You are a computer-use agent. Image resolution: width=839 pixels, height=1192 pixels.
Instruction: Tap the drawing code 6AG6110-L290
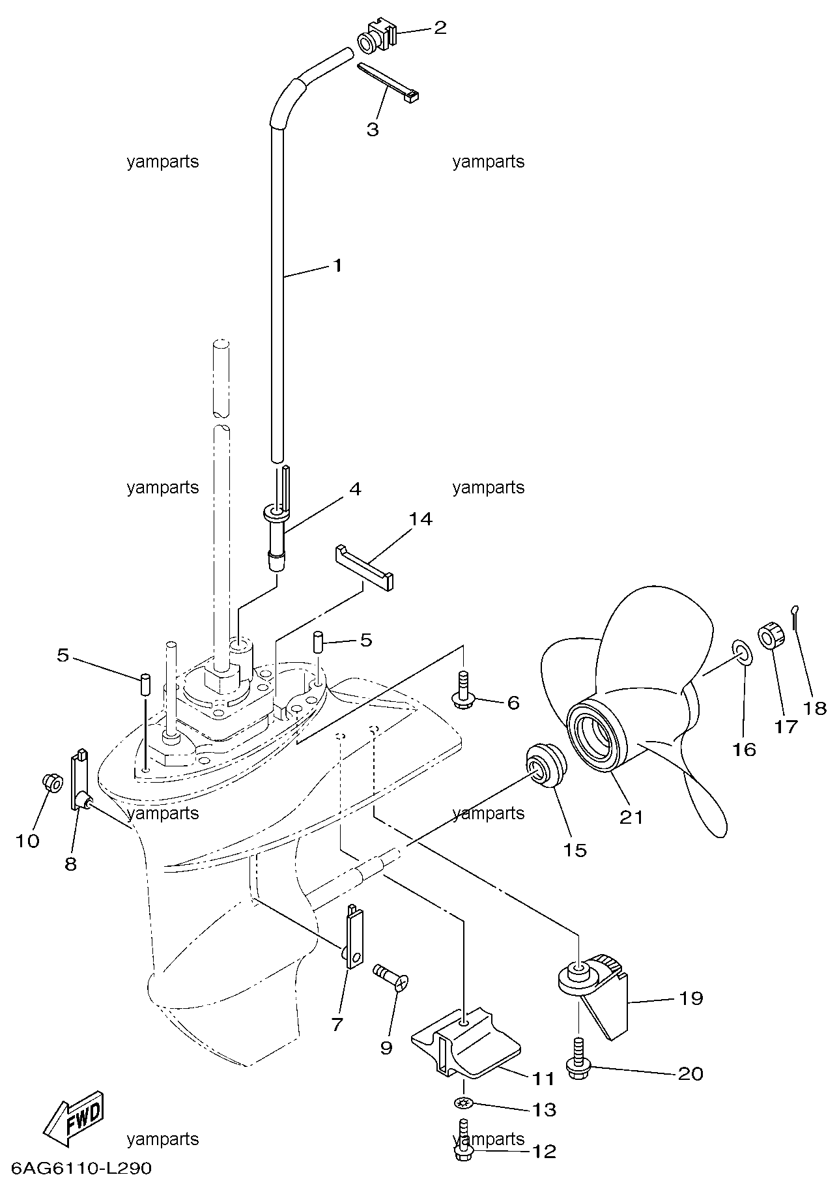pyautogui.click(x=81, y=1168)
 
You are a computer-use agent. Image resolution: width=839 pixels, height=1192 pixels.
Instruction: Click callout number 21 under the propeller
pyautogui.click(x=631, y=817)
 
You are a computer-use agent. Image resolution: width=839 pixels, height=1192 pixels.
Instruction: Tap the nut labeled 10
pyautogui.click(x=51, y=782)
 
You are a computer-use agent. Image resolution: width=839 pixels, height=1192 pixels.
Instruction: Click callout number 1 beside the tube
pyautogui.click(x=337, y=266)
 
